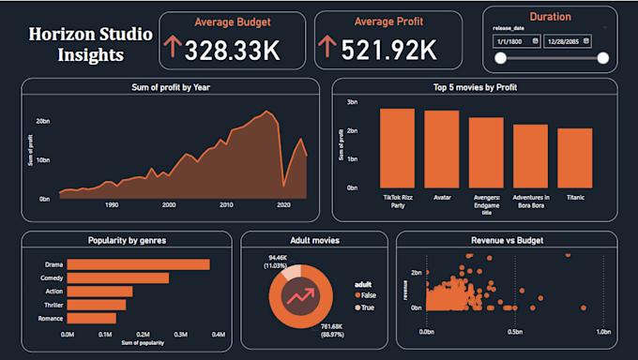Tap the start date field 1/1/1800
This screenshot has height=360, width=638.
515,41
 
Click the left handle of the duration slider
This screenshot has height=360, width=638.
501,58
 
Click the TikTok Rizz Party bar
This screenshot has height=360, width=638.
397,147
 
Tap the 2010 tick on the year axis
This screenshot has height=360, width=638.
226,204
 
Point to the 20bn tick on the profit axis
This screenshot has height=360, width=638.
43,121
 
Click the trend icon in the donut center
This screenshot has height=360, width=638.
302,297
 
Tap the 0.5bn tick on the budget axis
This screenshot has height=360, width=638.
514,332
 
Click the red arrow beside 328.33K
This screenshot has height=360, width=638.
172,49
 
